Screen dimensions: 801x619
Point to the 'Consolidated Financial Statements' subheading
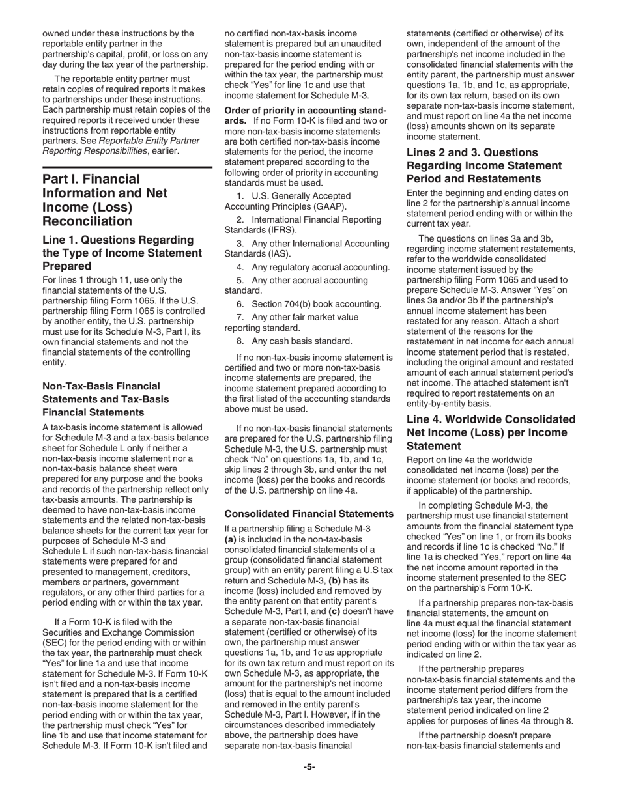tap(309, 514)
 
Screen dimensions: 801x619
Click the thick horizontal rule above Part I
tap(127, 168)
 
